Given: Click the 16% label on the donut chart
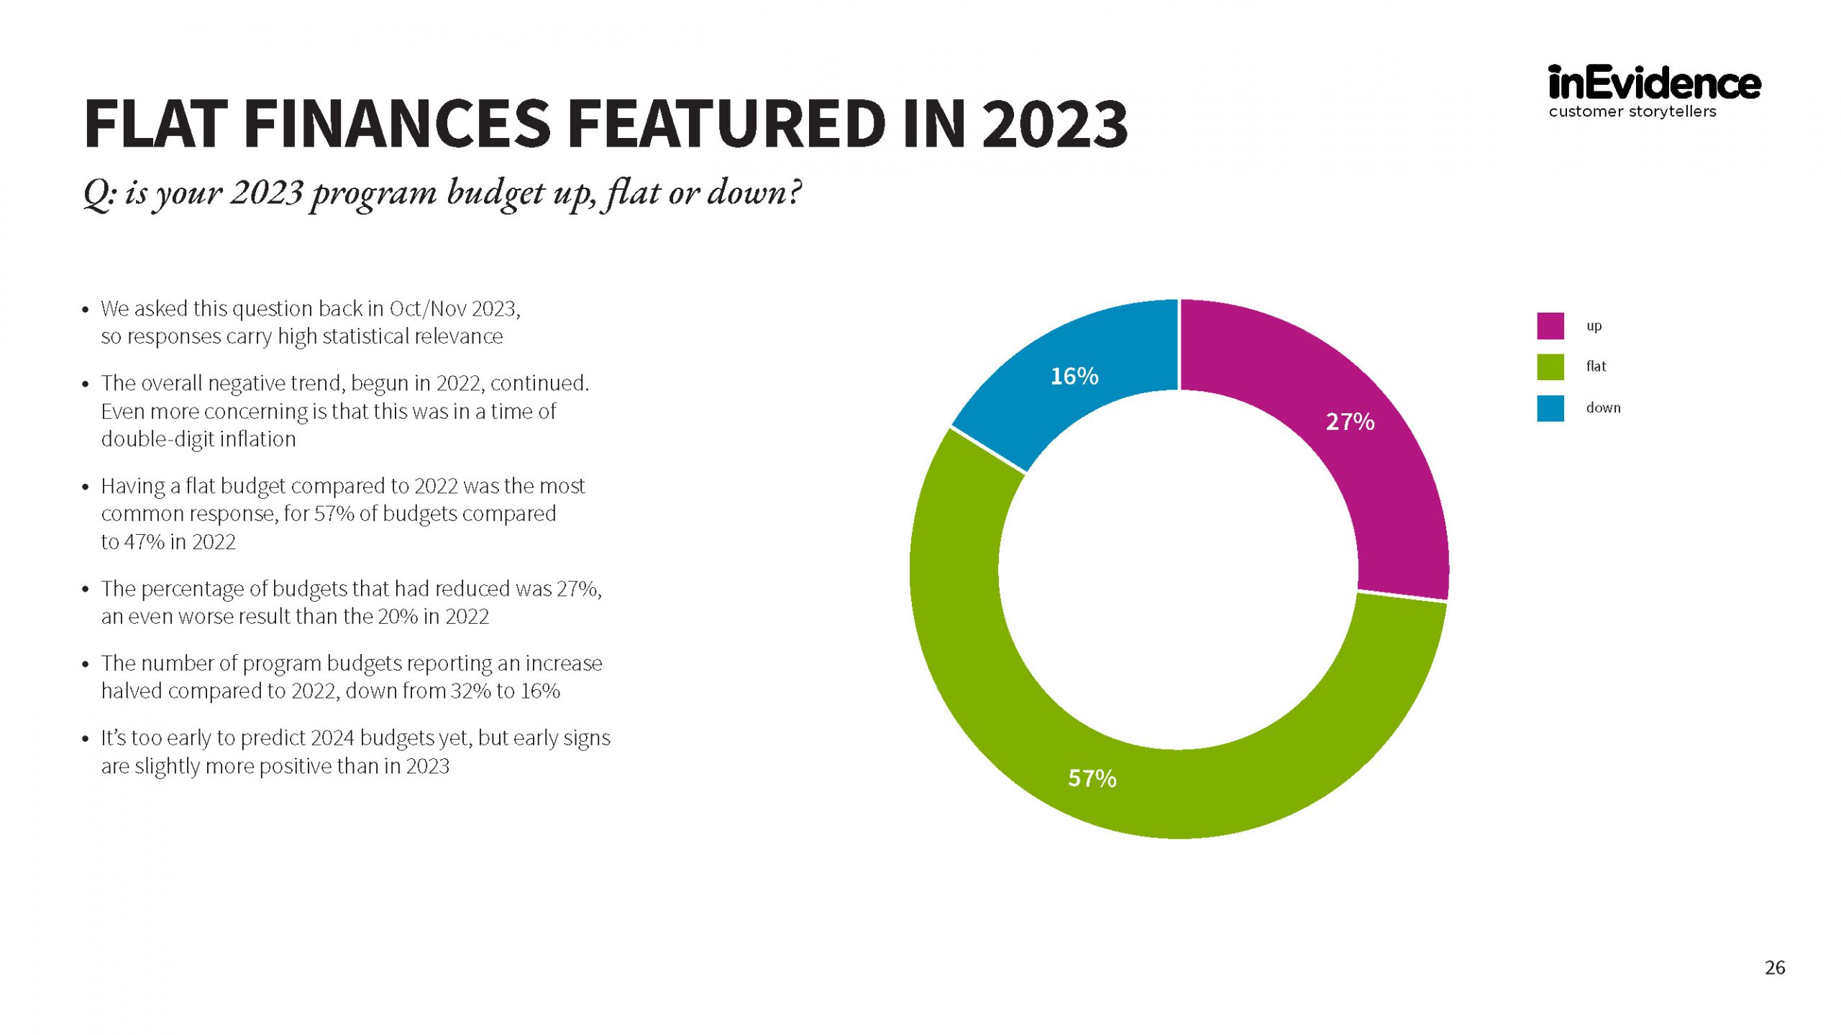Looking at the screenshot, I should pyautogui.click(x=1074, y=376).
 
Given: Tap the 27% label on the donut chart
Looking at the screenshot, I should pyautogui.click(x=1350, y=421).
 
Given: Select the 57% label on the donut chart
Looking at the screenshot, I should pyautogui.click(x=1092, y=778).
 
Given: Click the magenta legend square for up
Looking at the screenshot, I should pyautogui.click(x=1550, y=326).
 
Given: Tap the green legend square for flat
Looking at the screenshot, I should pyautogui.click(x=1550, y=367).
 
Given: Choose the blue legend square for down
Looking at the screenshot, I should pyautogui.click(x=1550, y=408).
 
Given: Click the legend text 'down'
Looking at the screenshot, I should pyautogui.click(x=1603, y=408).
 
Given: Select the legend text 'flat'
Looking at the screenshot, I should pyautogui.click(x=1596, y=367).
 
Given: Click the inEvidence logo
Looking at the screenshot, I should pyautogui.click(x=1654, y=84).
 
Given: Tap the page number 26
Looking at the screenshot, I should pyautogui.click(x=1774, y=967).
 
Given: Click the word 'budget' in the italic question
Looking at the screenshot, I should pyautogui.click(x=495, y=193).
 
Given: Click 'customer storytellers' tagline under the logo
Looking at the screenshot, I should pyautogui.click(x=1632, y=111).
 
